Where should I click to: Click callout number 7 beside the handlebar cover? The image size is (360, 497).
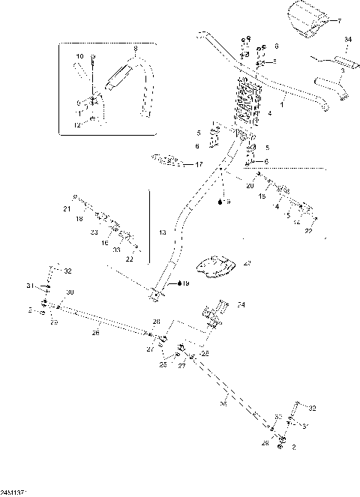pos(338,21)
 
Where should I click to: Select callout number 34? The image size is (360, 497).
pos(347,38)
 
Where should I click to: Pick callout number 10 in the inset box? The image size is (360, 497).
pos(79,56)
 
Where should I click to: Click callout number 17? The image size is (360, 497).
pos(198,164)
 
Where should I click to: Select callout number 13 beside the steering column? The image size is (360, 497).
pos(162,233)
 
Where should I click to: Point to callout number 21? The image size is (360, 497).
pos(66,208)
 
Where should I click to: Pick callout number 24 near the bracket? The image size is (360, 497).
pos(241,305)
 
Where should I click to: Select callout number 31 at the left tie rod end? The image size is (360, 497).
pos(31,285)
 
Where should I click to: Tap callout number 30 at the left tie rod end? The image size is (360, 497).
pos(70,292)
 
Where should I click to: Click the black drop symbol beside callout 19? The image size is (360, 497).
pos(179,283)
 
